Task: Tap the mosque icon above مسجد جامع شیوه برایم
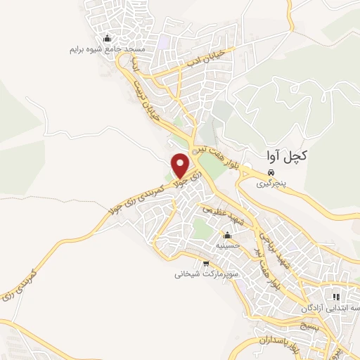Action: click(x=106, y=38)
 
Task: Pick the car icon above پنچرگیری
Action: click(x=270, y=172)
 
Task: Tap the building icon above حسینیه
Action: click(x=227, y=236)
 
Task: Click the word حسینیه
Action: click(x=227, y=246)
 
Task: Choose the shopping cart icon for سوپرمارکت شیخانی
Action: click(x=206, y=264)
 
